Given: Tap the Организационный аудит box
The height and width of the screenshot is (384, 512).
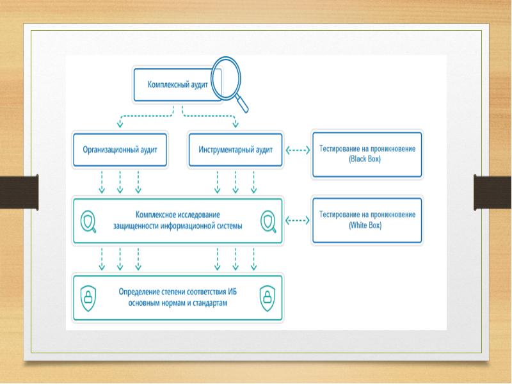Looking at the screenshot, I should click(120, 150).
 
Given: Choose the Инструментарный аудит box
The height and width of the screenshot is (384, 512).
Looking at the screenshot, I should click(236, 150).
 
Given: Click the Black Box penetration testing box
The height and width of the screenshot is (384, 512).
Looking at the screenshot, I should click(367, 154).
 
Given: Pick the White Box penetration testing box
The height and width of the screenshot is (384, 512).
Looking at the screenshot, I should click(367, 220).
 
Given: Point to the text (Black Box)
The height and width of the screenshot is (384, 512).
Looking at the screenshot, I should click(367, 159).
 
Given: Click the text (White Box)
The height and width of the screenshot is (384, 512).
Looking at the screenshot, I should click(367, 225).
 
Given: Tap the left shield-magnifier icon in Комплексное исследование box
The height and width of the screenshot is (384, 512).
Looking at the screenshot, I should click(88, 221).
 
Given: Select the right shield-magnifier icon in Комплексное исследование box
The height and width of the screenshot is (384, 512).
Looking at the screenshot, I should click(267, 221).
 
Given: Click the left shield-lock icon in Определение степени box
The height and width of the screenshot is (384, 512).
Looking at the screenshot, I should click(88, 296).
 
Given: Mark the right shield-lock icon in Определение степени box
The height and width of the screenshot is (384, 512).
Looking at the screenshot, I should click(267, 296).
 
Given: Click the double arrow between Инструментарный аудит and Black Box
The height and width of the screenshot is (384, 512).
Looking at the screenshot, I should click(296, 150).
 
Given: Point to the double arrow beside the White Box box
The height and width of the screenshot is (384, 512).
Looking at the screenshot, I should click(296, 220).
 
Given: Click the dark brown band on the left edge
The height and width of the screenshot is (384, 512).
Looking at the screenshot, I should click(19, 192).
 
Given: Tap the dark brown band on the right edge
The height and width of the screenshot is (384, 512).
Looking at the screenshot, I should click(492, 192).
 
